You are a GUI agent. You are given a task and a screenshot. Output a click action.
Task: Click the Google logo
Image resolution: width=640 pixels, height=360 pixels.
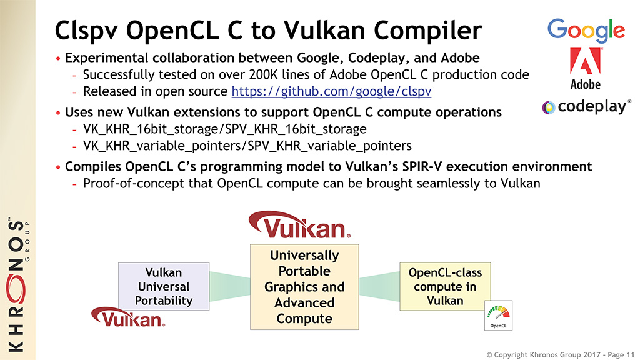(586, 30)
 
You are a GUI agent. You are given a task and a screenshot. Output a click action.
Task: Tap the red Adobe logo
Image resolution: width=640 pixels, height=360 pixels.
(585, 61)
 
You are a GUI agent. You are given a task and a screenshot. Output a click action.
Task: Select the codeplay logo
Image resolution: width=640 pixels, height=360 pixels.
(586, 107)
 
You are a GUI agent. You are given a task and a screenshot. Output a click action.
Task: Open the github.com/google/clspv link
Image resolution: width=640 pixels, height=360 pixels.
(331, 91)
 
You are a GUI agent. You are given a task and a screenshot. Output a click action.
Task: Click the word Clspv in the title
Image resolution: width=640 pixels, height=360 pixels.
(86, 31)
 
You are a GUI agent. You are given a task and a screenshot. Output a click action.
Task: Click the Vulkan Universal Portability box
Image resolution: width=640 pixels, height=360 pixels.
(164, 286)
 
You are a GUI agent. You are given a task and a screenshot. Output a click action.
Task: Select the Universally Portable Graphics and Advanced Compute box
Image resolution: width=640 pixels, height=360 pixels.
(304, 287)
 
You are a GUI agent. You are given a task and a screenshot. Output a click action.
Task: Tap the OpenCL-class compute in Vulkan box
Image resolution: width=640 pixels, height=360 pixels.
(445, 286)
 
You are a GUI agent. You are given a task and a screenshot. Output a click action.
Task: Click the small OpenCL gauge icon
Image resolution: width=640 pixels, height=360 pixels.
(498, 316)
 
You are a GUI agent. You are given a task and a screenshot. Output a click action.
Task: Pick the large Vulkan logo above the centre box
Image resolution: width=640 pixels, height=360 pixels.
(299, 224)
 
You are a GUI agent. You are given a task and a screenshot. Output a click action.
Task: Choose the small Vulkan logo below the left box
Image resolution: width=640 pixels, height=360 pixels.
(128, 317)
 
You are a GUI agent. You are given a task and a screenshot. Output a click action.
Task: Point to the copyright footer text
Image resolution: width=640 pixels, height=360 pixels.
(560, 355)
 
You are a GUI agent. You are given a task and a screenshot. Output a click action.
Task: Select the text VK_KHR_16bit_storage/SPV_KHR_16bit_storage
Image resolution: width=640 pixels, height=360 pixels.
(225, 129)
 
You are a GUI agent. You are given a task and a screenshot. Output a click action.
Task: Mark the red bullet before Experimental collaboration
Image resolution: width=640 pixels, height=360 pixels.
(58, 59)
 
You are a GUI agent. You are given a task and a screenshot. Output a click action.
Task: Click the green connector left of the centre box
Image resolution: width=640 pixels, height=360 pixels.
(230, 286)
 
